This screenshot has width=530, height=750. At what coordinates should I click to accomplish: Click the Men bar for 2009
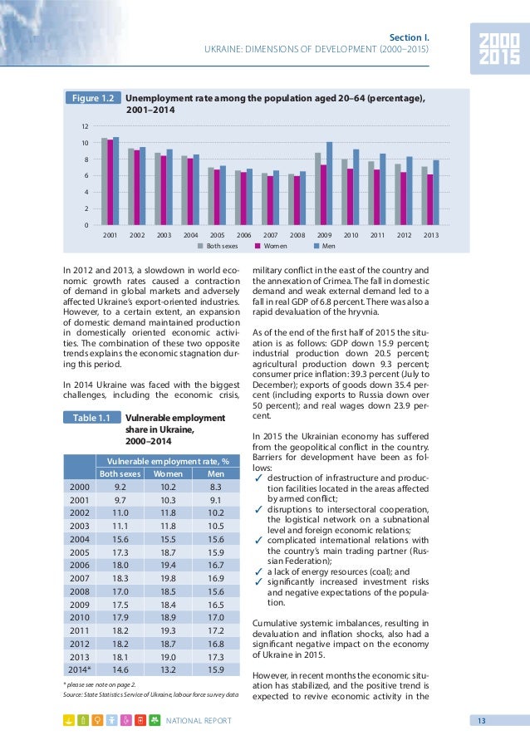[330, 184]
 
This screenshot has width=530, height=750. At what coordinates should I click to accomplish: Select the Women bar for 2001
[110, 182]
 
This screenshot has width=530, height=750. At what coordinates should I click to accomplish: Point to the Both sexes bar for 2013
[424, 196]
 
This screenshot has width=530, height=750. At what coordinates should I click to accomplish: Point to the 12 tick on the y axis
[86, 126]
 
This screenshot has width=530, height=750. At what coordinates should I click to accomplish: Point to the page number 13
[481, 719]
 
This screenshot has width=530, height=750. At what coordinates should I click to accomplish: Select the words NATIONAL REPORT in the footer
[199, 719]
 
